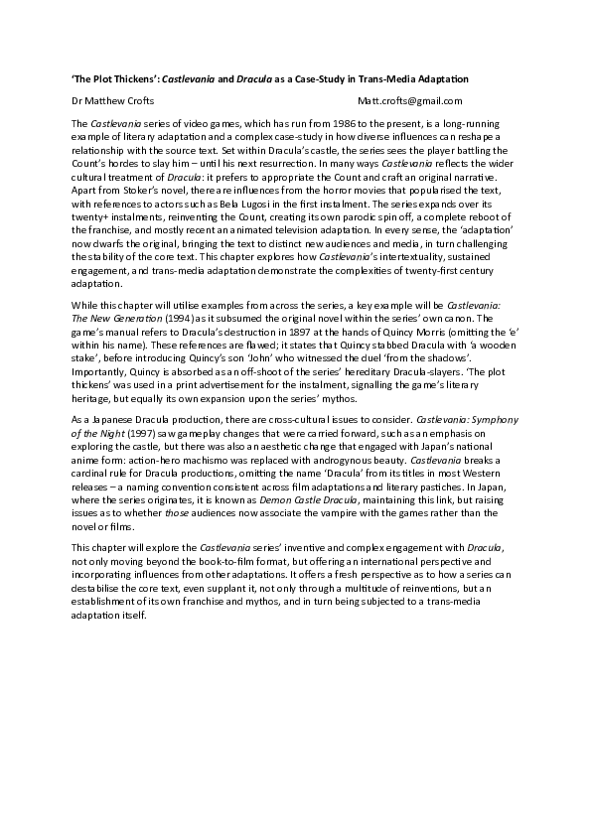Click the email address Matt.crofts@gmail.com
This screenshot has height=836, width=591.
tap(410, 100)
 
